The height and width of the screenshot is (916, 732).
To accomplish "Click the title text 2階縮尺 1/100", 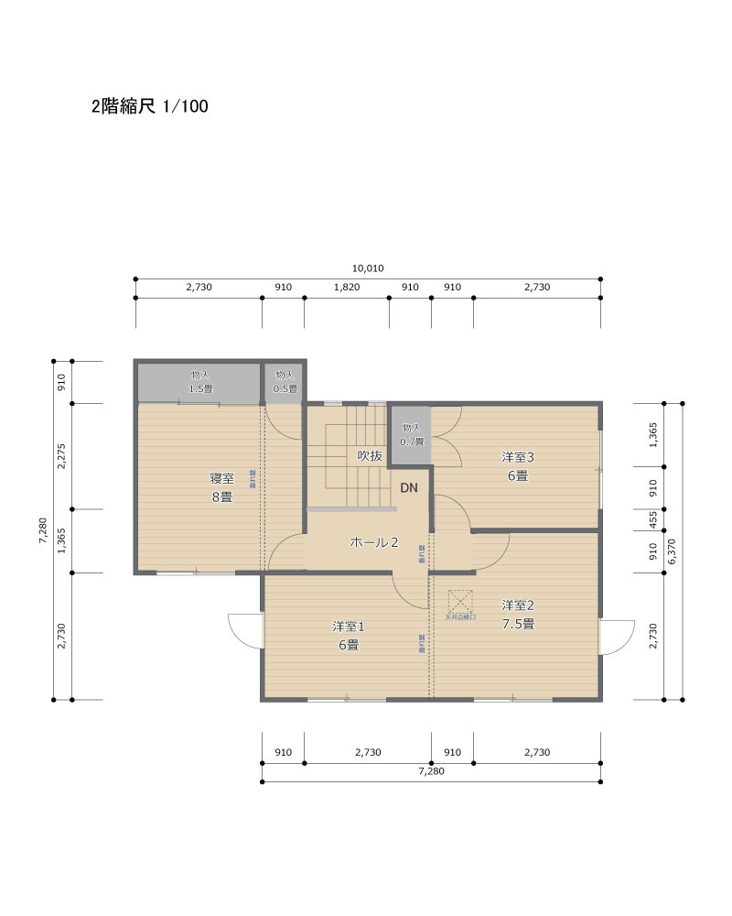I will pyautogui.click(x=149, y=106).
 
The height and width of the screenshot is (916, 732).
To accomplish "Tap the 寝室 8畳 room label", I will pyautogui.click(x=221, y=487).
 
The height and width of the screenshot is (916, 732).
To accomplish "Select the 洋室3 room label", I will pyautogui.click(x=517, y=465).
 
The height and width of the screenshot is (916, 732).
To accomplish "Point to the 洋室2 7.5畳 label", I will pyautogui.click(x=517, y=614).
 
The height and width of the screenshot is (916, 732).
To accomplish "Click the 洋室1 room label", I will pyautogui.click(x=348, y=635).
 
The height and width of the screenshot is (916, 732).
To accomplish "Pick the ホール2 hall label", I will pyautogui.click(x=374, y=542).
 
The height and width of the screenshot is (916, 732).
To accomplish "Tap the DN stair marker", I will pyautogui.click(x=408, y=487).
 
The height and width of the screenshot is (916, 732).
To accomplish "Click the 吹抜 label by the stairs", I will pyautogui.click(x=369, y=455).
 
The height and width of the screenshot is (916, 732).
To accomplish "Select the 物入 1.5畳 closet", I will pyautogui.click(x=199, y=382).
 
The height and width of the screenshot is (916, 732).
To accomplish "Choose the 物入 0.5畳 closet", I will pyautogui.click(x=285, y=382).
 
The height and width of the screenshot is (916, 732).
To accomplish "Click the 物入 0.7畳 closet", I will pyautogui.click(x=411, y=434).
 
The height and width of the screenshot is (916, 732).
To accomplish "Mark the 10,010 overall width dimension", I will pyautogui.click(x=367, y=268).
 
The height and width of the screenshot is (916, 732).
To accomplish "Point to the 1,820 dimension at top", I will pyautogui.click(x=347, y=287).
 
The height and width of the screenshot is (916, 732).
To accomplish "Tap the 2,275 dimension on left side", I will pyautogui.click(x=62, y=456).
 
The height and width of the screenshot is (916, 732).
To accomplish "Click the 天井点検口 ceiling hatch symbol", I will pyautogui.click(x=459, y=602).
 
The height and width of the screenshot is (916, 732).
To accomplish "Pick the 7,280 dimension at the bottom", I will pyautogui.click(x=431, y=771).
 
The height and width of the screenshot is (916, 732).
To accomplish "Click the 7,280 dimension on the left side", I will pyautogui.click(x=43, y=531).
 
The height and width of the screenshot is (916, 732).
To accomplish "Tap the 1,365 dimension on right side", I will pyautogui.click(x=653, y=434).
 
